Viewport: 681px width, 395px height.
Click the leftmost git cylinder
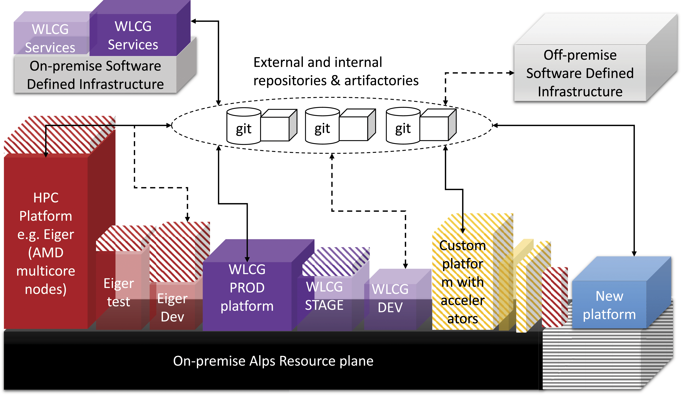click(244, 126)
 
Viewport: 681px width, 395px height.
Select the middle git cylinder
click(322, 126)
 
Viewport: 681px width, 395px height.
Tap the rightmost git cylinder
click(403, 126)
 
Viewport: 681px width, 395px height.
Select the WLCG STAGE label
click(324, 296)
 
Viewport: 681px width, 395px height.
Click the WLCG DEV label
click(390, 298)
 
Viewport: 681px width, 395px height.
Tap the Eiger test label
click(119, 292)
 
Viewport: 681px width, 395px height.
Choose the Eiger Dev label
click(172, 308)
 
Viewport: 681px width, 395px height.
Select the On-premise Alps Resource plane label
click(273, 361)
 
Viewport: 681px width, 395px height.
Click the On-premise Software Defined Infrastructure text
click(95, 75)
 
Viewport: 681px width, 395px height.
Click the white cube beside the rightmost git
click(438, 125)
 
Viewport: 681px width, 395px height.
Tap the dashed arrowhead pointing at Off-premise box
click(512, 73)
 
